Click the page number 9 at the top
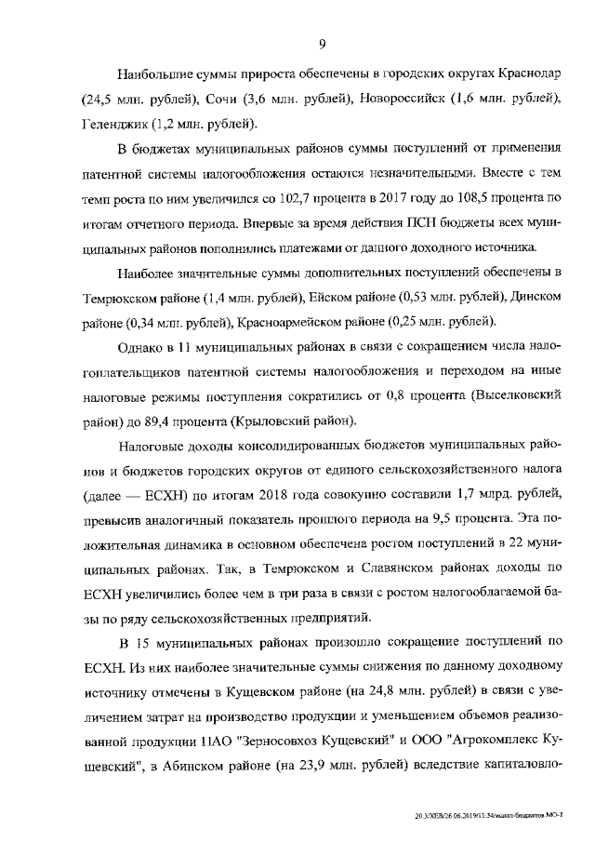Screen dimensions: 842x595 point(321,44)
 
